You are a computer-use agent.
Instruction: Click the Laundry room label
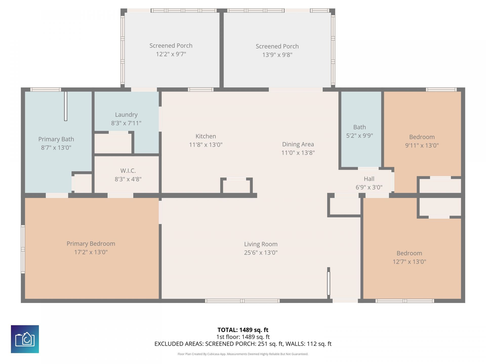tap(126, 115)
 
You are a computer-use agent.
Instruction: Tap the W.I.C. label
tap(128, 171)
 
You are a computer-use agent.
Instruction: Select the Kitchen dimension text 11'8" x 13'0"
tap(206, 145)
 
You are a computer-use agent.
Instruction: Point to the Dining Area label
tap(298, 144)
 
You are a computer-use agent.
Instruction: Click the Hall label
tap(369, 179)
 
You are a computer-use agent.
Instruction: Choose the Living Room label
tap(261, 244)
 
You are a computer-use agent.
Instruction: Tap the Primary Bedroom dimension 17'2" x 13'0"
tap(91, 252)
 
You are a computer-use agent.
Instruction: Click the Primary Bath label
tap(56, 139)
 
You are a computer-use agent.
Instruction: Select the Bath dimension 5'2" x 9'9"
tap(359, 135)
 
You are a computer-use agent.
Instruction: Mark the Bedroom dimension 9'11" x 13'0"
tap(422, 145)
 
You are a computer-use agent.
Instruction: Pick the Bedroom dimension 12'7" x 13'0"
tap(409, 262)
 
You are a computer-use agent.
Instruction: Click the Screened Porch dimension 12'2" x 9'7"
tap(171, 54)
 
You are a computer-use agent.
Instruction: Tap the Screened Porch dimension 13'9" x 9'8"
tap(277, 55)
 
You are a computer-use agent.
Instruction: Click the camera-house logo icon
tap(25, 339)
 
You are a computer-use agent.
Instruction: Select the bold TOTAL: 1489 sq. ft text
tap(243, 330)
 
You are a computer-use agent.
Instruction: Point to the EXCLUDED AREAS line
tap(243, 344)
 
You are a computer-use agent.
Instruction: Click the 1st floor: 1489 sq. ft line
tap(243, 337)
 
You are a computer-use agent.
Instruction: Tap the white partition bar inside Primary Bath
tap(66, 106)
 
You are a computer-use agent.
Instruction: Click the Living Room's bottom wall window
tap(242, 301)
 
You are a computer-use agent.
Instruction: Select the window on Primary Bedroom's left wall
tap(23, 249)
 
